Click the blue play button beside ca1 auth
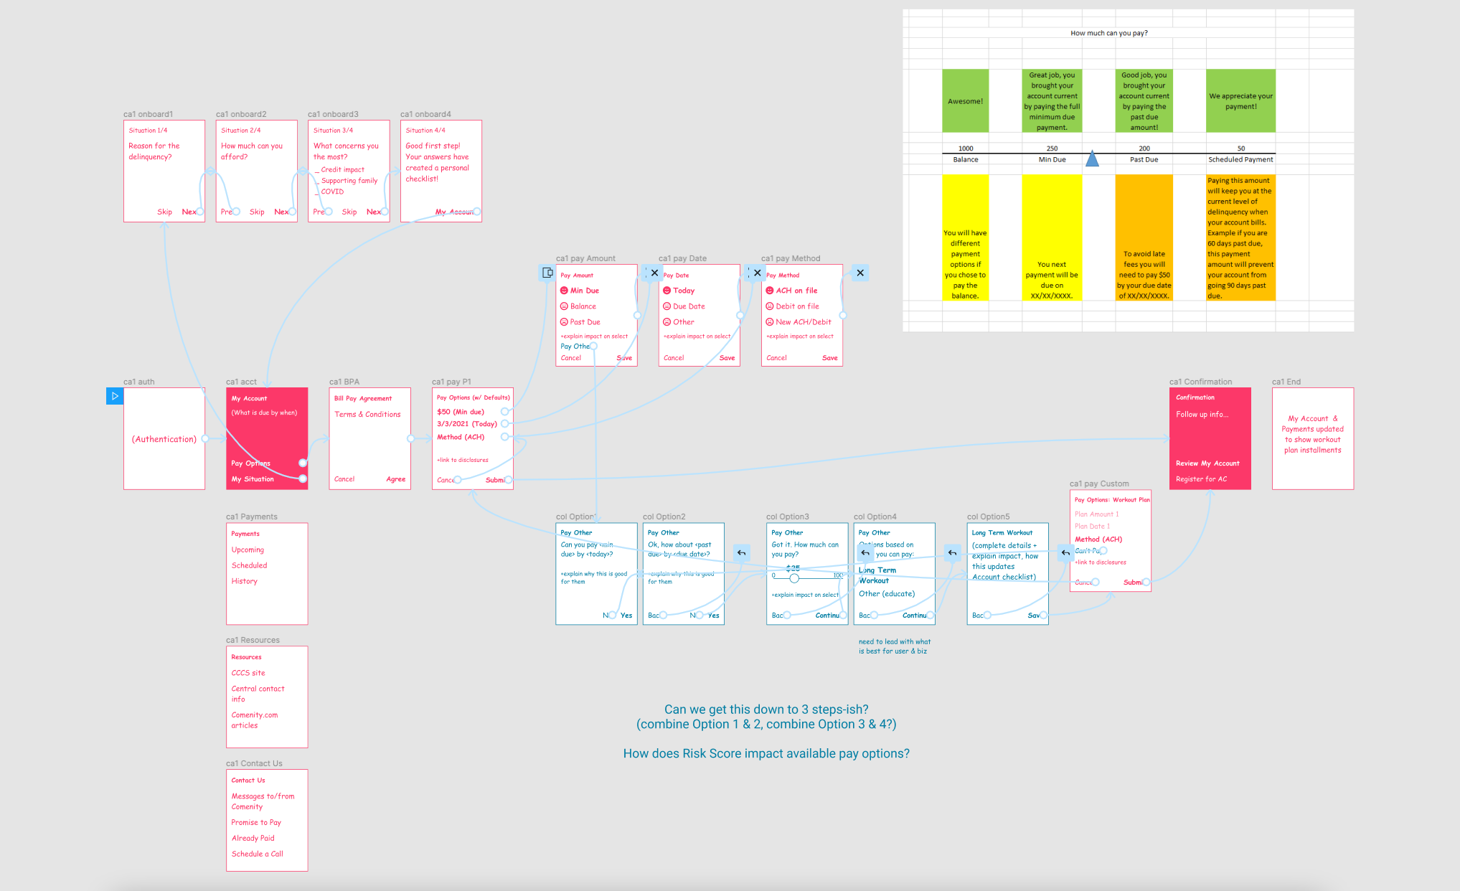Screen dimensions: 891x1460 (115, 396)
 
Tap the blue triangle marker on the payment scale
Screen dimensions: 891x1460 (1092, 159)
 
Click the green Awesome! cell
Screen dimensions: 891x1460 (965, 101)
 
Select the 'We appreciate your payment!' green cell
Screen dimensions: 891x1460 (1240, 101)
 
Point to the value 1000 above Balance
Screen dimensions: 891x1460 (966, 148)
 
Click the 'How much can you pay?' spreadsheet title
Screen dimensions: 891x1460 (1108, 33)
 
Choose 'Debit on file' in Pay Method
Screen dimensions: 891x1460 (796, 306)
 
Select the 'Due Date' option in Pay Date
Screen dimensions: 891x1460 (688, 306)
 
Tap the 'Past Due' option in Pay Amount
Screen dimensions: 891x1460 (585, 322)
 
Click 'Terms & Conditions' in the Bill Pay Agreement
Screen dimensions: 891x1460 (367, 415)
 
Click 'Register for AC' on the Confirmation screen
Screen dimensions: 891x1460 (1201, 479)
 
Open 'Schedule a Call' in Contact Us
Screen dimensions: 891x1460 (257, 854)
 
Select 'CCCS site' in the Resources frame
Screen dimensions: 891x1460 (248, 673)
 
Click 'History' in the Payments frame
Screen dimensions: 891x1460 (244, 581)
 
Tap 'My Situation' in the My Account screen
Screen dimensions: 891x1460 (253, 479)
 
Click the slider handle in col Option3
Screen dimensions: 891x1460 (794, 577)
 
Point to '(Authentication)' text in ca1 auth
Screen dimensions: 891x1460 (164, 439)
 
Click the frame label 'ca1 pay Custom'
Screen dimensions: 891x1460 (1098, 484)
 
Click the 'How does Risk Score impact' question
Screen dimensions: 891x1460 (766, 753)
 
